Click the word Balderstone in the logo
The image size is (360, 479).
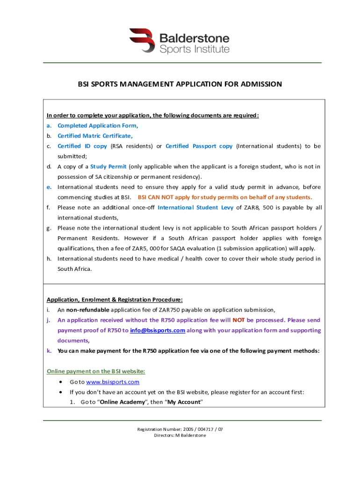click(194, 37)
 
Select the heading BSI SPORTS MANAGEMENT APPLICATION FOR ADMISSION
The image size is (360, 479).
click(180, 84)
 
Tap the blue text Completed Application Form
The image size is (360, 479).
click(98, 125)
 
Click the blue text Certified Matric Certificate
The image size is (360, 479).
click(95, 136)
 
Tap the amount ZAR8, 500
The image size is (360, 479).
click(257, 207)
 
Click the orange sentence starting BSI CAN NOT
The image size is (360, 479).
click(225, 197)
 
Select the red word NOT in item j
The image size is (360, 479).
click(239, 320)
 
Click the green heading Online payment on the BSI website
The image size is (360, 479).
click(96, 371)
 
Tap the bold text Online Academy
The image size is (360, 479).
click(122, 402)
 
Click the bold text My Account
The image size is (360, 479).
click(184, 402)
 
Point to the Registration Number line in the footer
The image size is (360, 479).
click(180, 429)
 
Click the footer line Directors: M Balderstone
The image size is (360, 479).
click(180, 435)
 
